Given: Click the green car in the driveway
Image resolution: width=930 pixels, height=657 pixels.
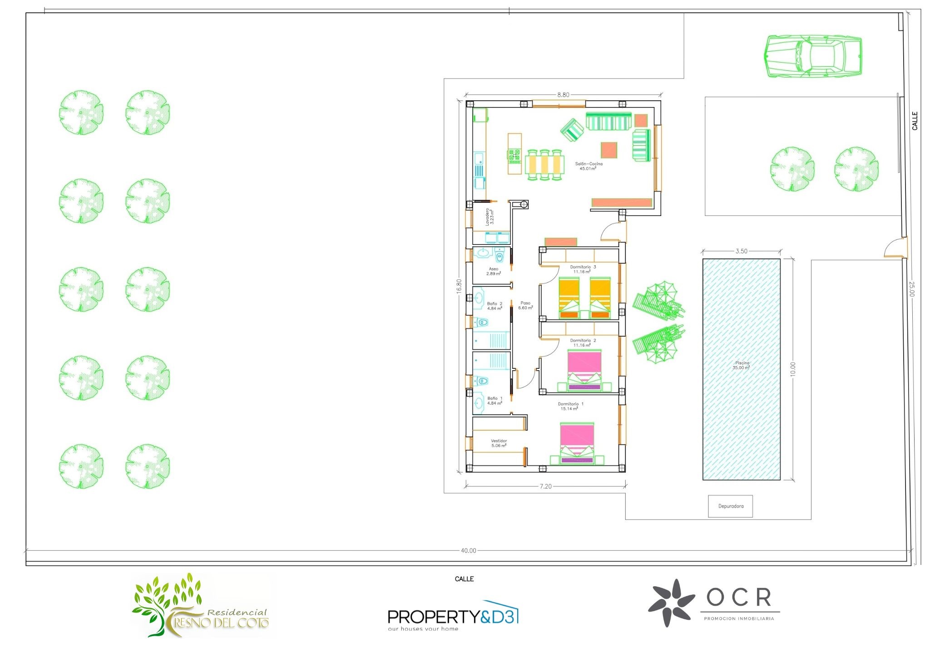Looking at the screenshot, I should (813, 56).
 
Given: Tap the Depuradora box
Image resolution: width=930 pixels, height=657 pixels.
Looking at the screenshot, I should (730, 506).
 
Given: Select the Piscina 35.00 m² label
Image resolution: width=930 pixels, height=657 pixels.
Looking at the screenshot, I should (742, 365).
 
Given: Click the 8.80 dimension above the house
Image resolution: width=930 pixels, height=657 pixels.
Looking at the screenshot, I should (563, 95).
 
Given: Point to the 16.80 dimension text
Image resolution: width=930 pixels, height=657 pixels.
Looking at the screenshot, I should (459, 287).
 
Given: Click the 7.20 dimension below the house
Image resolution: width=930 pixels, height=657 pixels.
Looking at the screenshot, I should (545, 486).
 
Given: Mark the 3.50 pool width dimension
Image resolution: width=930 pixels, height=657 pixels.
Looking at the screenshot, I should (741, 251).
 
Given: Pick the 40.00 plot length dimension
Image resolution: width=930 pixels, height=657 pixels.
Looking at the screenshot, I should (468, 550).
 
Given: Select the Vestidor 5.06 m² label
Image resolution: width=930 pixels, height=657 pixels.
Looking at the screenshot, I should (499, 443).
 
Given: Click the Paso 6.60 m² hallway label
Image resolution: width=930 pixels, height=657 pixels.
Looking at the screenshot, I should (525, 305).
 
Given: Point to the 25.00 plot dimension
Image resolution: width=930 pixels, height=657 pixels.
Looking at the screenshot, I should (911, 289).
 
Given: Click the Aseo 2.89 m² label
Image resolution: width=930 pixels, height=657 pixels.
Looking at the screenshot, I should (494, 271).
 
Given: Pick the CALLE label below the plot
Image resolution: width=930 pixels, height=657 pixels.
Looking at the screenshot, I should (464, 579).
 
